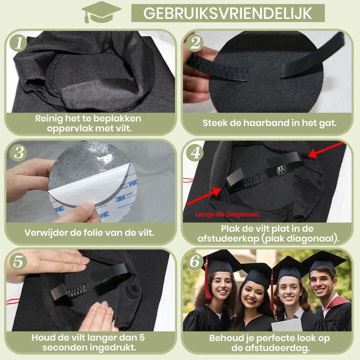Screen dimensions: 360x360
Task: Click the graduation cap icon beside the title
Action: coord(101,12)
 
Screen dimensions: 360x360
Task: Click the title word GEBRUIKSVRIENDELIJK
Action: coord(228,13)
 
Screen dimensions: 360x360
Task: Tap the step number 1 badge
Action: coord(18,43)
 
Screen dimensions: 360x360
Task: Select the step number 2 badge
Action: coord(195,43)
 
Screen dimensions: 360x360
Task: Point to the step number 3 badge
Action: coord(18,153)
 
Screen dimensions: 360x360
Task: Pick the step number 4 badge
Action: coord(195,153)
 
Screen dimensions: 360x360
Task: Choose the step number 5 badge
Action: coord(18,261)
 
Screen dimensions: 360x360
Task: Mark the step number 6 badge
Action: coord(195,261)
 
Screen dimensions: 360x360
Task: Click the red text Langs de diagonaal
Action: coord(227,215)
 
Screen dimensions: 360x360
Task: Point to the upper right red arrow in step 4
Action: coord(326,150)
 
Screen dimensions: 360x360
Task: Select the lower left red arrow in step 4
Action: coord(204,196)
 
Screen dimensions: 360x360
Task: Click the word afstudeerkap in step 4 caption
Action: coord(228,239)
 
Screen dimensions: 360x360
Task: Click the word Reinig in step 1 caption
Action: coord(49,118)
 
